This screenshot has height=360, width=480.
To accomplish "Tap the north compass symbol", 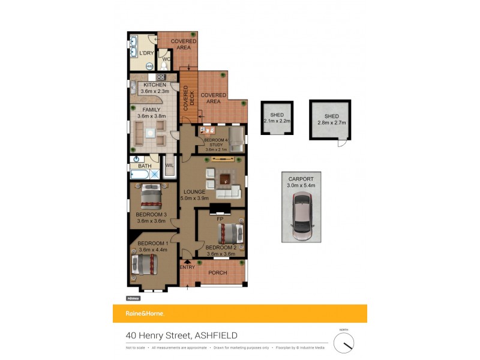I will pyautogui.click(x=344, y=343).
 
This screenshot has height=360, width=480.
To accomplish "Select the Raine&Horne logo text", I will pyautogui.click(x=144, y=313).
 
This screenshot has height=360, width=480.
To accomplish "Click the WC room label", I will pyautogui.click(x=166, y=59).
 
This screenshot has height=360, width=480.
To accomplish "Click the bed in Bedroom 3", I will pyautogui.click(x=152, y=196).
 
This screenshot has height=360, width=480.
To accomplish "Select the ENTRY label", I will pyautogui.click(x=187, y=267).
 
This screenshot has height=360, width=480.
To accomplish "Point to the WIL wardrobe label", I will pyautogui.click(x=169, y=165).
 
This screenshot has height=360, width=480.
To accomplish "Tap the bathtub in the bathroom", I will pyautogui.click(x=140, y=175).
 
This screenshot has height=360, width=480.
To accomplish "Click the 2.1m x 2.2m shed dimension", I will pyautogui.click(x=277, y=121).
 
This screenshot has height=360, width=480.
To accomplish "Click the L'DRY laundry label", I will pyautogui.click(x=146, y=53).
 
